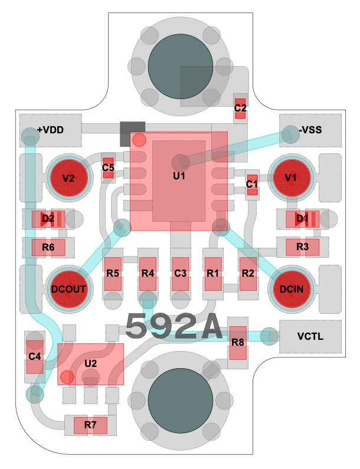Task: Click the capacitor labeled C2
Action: (x=240, y=108)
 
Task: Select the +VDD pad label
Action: (x=50, y=130)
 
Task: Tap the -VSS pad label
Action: (x=310, y=130)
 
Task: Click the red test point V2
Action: (x=69, y=178)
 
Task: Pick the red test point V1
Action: (x=290, y=178)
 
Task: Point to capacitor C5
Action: (x=108, y=168)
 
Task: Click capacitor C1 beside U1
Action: (x=253, y=185)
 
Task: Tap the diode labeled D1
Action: (x=302, y=219)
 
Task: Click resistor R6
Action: (x=49, y=247)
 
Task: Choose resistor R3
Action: (x=302, y=247)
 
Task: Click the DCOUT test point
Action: (x=69, y=289)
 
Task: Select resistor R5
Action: (x=113, y=274)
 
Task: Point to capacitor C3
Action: (x=181, y=274)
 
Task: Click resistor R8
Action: (x=238, y=343)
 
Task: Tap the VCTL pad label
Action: (x=310, y=337)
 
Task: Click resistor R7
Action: (x=90, y=424)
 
